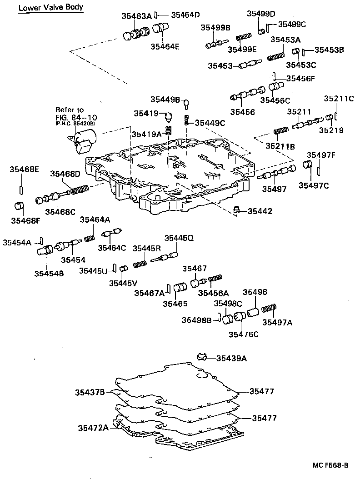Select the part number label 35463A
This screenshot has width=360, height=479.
point(136,16)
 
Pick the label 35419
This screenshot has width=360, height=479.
point(146,113)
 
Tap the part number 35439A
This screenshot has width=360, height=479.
point(231,359)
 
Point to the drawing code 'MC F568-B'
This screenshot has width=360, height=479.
point(330,465)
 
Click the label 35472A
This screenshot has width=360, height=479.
point(93,428)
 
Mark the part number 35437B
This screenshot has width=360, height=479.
point(90,392)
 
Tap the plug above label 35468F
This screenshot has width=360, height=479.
point(19,206)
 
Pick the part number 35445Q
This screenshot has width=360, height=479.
point(179,238)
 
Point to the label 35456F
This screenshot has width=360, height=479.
point(299,78)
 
